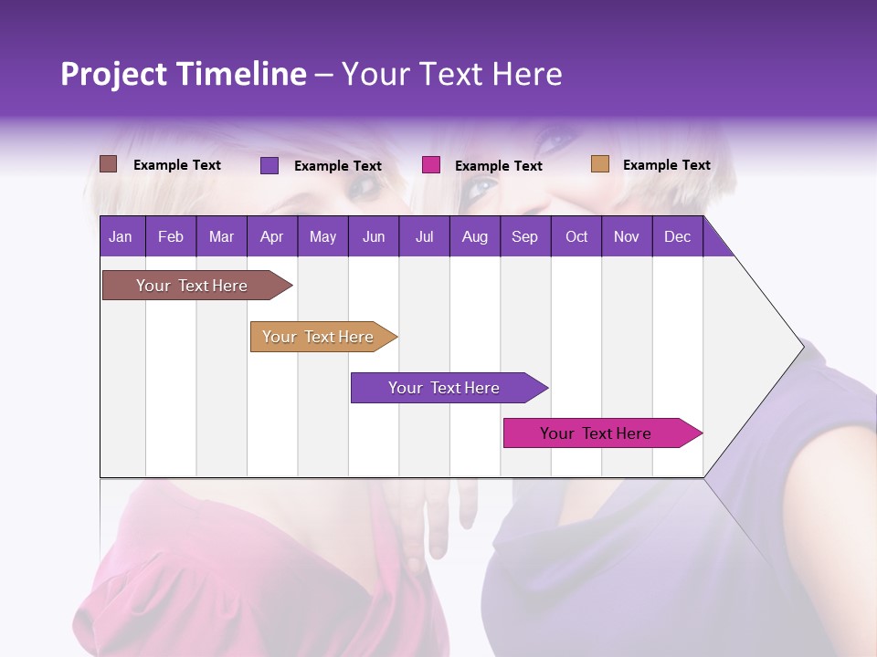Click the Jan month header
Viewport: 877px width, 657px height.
pyautogui.click(x=121, y=237)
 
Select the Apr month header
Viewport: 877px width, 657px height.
pyautogui.click(x=272, y=237)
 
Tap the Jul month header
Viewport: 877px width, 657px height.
pyautogui.click(x=424, y=237)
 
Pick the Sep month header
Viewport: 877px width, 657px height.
pyautogui.click(x=524, y=237)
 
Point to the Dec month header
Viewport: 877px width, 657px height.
pyautogui.click(x=677, y=237)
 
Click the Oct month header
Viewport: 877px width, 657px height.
pyautogui.click(x=576, y=237)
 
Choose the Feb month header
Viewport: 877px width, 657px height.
pyautogui.click(x=171, y=237)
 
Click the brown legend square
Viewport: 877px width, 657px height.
pyautogui.click(x=109, y=164)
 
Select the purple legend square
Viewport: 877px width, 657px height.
pyautogui.click(x=269, y=165)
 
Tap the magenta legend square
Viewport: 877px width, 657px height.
pyautogui.click(x=431, y=165)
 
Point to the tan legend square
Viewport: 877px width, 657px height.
pyautogui.click(x=599, y=164)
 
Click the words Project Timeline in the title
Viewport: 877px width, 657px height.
pyautogui.click(x=183, y=74)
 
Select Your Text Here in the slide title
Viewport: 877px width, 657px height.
pyautogui.click(x=452, y=74)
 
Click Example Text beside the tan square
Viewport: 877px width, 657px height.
pyautogui.click(x=666, y=165)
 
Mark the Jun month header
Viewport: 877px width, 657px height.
pyautogui.click(x=374, y=237)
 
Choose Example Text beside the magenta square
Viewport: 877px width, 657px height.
pyautogui.click(x=498, y=166)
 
